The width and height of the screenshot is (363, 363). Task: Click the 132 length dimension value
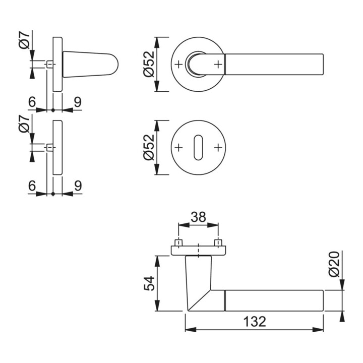255,322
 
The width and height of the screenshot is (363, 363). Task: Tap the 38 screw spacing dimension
199,217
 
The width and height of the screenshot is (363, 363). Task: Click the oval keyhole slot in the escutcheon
198,148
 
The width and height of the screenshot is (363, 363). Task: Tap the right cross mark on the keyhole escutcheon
218,148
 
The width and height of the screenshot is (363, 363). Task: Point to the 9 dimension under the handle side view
77,102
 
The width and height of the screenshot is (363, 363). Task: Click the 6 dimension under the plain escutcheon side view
32,186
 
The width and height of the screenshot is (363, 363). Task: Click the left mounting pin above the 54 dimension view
178,243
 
